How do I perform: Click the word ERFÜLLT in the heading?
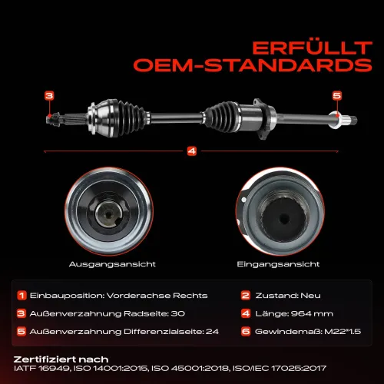pos(312,48)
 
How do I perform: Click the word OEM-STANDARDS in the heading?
pos(253,65)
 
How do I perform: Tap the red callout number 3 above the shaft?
pos(49,96)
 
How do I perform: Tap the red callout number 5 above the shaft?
pos(337,96)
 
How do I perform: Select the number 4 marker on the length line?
pos(192,151)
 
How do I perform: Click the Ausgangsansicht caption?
pos(112,264)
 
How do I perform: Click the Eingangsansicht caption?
pos(278,264)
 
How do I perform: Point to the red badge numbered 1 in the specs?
pos(22,296)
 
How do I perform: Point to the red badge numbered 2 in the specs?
pos(246,296)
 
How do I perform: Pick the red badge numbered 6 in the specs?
pos(246,332)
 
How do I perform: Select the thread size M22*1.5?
pos(343,332)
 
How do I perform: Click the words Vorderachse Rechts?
pos(157,296)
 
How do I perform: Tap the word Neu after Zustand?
pos(310,296)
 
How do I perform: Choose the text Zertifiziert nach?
pos(61,359)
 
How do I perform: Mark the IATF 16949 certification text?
pos(41,369)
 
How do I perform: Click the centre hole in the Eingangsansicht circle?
pos(283,219)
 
